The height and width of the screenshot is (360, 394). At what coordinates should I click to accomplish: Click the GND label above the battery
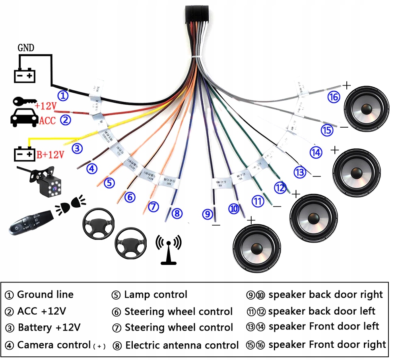pyautogui.click(x=26, y=48)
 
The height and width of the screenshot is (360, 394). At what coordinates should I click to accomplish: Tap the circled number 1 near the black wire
pyautogui.click(x=63, y=95)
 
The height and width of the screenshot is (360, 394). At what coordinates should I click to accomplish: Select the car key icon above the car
pyautogui.click(x=23, y=102)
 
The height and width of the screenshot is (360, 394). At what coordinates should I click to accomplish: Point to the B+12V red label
pyautogui.click(x=50, y=154)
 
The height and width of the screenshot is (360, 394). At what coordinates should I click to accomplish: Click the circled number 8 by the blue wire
pyautogui.click(x=177, y=213)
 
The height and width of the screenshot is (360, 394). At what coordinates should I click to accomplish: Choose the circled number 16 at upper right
pyautogui.click(x=334, y=97)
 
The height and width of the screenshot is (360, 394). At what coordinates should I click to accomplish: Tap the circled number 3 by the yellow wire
pyautogui.click(x=77, y=148)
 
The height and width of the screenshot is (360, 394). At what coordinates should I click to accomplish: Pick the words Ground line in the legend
pyautogui.click(x=45, y=295)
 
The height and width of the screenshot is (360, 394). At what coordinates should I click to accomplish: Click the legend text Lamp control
pyautogui.click(x=155, y=295)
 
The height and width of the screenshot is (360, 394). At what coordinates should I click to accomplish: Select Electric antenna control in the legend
pyautogui.click(x=182, y=345)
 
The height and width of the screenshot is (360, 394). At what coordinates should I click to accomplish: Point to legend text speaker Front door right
pyautogui.click(x=327, y=344)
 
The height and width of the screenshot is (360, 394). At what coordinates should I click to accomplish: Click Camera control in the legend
pyautogui.click(x=54, y=345)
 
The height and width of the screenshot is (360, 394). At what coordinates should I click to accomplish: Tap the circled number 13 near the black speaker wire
pyautogui.click(x=300, y=172)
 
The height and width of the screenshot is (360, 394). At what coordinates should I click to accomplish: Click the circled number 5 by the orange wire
pyautogui.click(x=110, y=183)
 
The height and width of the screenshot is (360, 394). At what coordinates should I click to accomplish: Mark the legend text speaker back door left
pyautogui.click(x=322, y=311)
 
